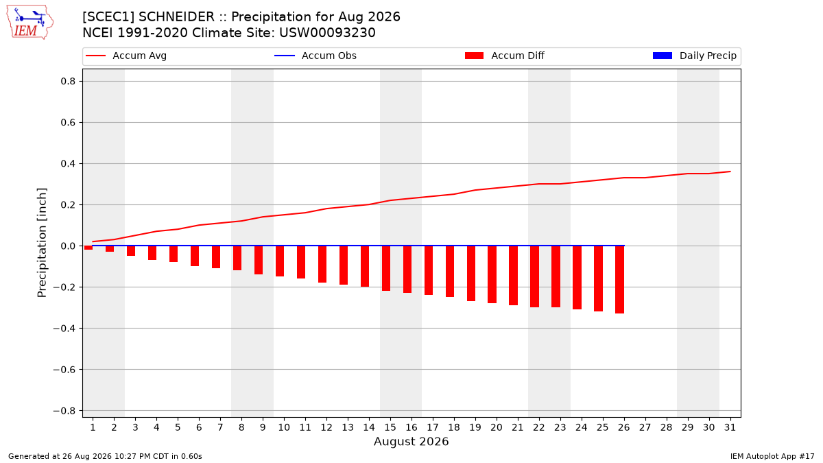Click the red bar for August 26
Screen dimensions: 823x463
coord(620,280)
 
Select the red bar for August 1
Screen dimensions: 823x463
coord(88,248)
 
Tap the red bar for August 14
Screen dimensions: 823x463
coord(365,266)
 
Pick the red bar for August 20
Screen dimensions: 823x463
coord(492,274)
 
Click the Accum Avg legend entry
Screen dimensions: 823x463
coord(126,56)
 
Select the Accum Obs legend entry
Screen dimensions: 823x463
coord(315,56)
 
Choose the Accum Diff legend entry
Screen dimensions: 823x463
coord(505,56)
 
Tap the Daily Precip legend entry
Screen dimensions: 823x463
coord(694,56)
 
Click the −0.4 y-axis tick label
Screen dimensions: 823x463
coord(64,328)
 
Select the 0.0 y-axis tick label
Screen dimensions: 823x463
coord(68,246)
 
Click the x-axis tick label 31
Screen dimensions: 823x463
coord(730,427)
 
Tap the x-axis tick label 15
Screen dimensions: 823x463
coord(390,427)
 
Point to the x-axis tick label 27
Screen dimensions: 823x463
coord(645,427)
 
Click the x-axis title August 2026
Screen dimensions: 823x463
coord(411,441)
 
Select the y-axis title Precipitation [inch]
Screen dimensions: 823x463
coord(42,243)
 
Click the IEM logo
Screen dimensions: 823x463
coord(30,23)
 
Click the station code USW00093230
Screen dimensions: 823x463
coord(327,33)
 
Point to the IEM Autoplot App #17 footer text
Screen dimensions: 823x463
coord(772,456)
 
